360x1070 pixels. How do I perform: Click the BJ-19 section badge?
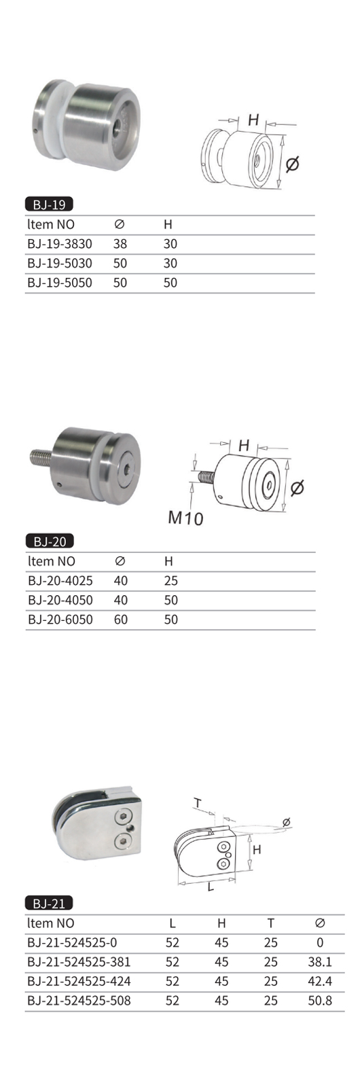(49, 205)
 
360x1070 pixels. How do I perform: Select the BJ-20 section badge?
(49, 541)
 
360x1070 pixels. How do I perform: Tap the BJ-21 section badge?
(49, 904)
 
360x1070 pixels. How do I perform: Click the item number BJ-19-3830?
(60, 244)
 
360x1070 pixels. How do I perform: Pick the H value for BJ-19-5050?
(170, 283)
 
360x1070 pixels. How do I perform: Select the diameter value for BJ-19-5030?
(120, 263)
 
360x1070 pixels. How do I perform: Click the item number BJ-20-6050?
(60, 620)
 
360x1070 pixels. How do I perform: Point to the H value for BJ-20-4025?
(171, 581)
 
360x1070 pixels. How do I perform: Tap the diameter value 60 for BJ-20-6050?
(121, 620)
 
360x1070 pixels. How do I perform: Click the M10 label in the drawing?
(185, 517)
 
